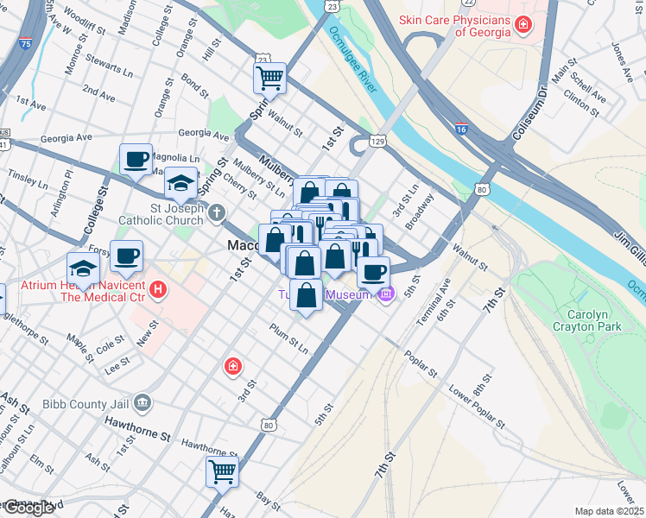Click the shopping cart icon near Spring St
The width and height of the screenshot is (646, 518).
[x=269, y=79]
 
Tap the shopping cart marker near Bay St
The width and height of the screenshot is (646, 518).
[x=222, y=472]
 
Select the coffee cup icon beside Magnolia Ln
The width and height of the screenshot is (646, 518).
[x=136, y=159]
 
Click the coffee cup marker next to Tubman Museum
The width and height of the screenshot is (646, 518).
[x=373, y=273]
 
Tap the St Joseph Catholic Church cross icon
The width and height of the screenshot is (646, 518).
[x=217, y=212]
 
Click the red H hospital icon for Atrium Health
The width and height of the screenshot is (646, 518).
[x=157, y=289]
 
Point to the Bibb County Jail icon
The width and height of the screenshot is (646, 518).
[x=143, y=401]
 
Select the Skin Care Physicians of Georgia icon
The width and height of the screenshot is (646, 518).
[x=523, y=24]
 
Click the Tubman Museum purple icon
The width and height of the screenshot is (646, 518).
[x=386, y=295]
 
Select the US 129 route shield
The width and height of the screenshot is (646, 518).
[x=377, y=140]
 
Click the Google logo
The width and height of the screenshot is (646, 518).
[x=28, y=509]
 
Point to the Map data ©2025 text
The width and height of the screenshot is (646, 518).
[x=608, y=511]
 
